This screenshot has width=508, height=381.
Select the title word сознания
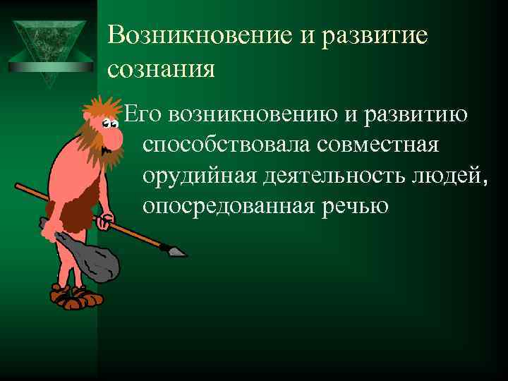162,68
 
